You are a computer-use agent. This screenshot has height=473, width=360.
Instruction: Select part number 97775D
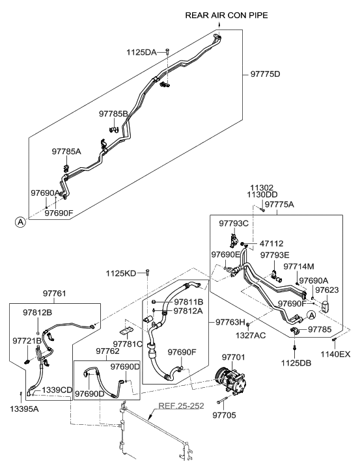pos(264,74)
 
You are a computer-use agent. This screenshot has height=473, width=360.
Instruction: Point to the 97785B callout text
pos(113,113)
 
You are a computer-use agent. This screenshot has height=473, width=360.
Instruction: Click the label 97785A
pos(66,151)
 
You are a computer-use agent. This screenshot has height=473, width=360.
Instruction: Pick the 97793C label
pos(234,223)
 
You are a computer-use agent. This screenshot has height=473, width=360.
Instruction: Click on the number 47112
pos(271,243)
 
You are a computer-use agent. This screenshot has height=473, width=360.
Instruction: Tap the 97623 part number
pos(327,290)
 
